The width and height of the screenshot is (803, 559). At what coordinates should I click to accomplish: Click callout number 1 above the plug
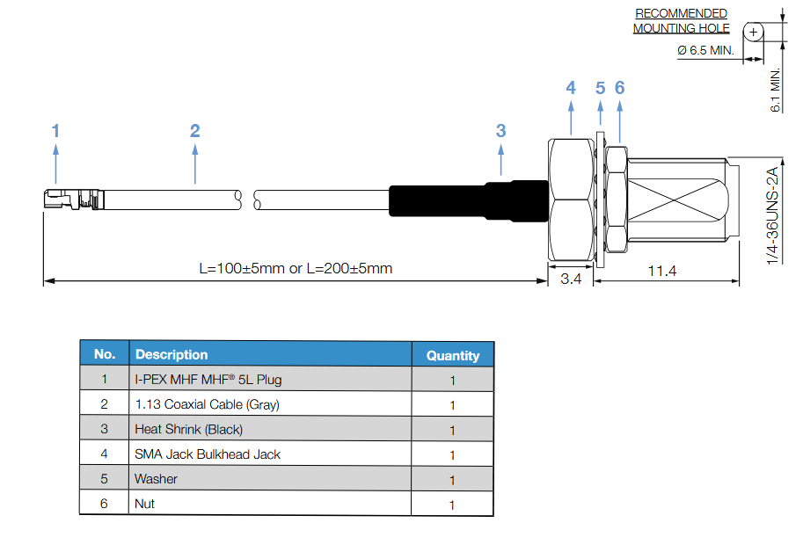click(x=55, y=131)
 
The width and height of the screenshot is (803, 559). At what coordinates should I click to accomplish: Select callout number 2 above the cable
click(x=194, y=131)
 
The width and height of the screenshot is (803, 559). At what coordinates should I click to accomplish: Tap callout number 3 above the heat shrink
click(x=500, y=131)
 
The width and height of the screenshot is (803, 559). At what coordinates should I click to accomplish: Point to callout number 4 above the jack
click(x=571, y=88)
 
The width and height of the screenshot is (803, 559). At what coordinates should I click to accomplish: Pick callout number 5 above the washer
click(x=601, y=88)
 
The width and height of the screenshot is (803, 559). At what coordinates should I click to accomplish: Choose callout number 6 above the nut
click(x=619, y=88)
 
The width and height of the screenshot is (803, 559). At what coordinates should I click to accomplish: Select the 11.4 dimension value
click(x=661, y=270)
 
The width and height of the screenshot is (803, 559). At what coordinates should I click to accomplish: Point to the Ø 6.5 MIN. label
click(x=705, y=50)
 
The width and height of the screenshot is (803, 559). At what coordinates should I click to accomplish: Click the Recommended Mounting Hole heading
click(x=681, y=21)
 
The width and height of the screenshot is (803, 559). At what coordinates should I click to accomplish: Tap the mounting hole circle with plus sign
click(x=752, y=31)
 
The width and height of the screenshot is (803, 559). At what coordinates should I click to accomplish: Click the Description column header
click(x=172, y=354)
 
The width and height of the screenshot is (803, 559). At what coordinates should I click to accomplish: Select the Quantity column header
click(x=453, y=355)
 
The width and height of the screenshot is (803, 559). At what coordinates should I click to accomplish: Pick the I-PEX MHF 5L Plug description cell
click(x=208, y=380)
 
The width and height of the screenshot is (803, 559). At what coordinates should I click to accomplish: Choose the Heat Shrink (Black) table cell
click(x=188, y=429)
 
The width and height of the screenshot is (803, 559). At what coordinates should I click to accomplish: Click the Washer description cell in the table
click(x=156, y=479)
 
